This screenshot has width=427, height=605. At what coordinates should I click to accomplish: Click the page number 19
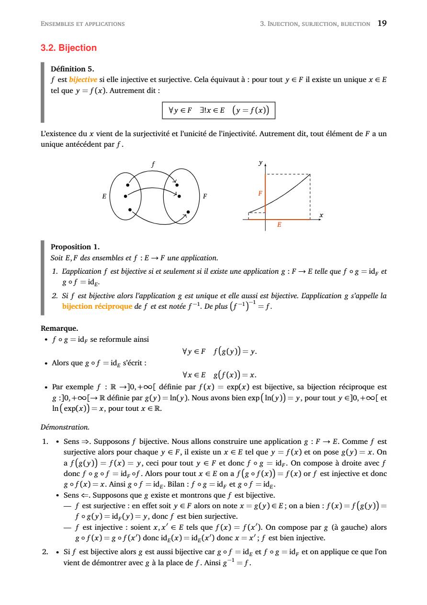(x=382, y=23)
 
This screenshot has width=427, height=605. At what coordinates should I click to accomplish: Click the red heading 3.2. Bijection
(x=69, y=48)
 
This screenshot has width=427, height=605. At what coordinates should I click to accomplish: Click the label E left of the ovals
(x=103, y=196)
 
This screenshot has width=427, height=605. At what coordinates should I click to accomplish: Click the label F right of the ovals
(x=205, y=196)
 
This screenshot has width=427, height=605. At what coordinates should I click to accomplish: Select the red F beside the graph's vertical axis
(x=260, y=193)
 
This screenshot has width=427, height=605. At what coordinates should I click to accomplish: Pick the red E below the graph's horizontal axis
(x=279, y=224)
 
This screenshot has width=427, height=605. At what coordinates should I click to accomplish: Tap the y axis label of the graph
(x=260, y=163)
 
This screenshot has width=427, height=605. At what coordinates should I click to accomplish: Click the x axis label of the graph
(x=321, y=215)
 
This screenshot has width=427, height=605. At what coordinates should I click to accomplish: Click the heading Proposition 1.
(x=75, y=247)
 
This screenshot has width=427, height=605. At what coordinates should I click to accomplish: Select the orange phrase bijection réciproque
(x=97, y=306)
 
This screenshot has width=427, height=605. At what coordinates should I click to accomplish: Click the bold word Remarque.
(x=59, y=328)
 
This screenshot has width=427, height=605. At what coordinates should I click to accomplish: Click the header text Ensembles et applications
(x=83, y=23)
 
